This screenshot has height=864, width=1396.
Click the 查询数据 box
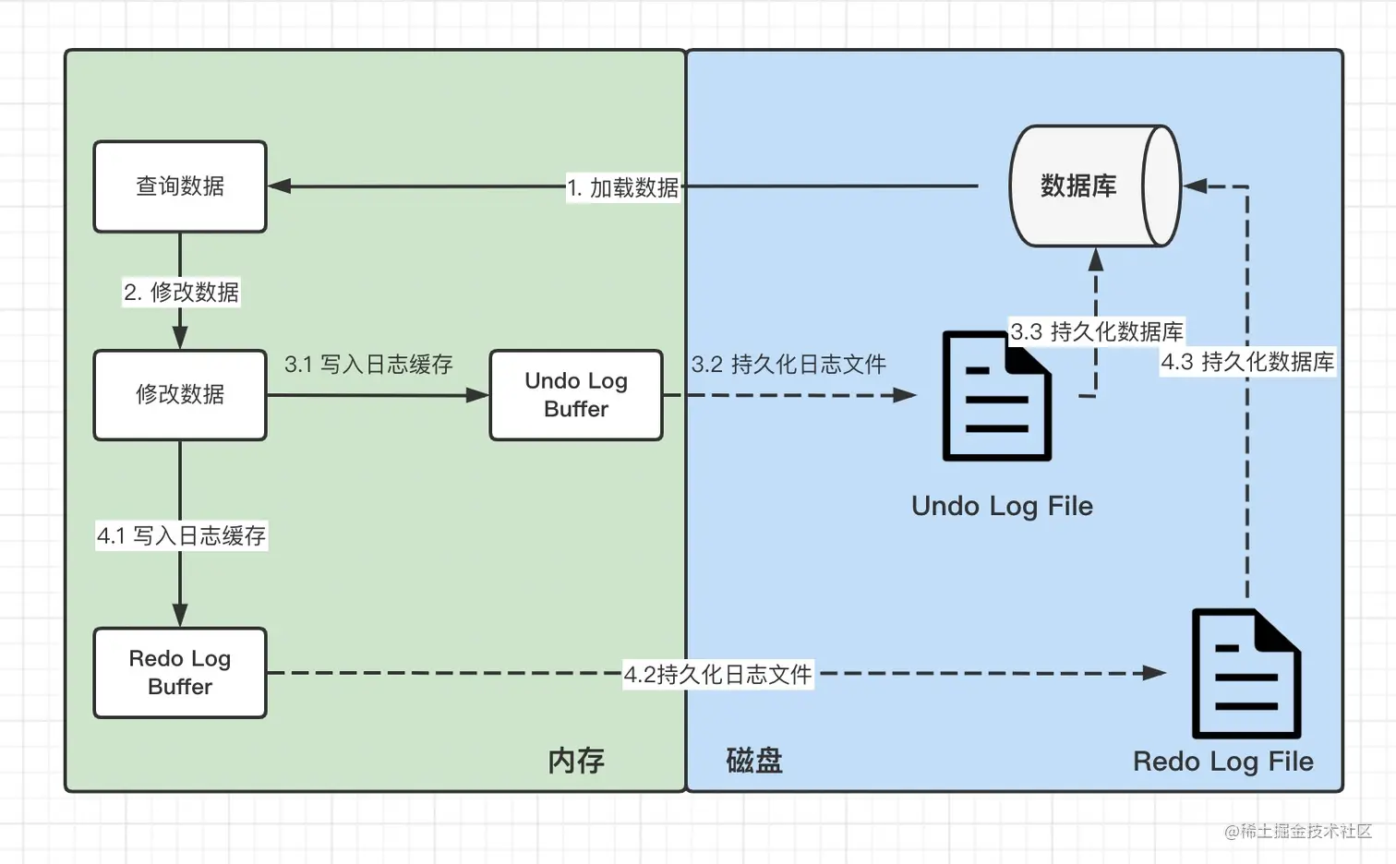click(x=180, y=186)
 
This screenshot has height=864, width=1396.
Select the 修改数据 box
click(x=180, y=395)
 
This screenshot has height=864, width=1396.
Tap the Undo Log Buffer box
click(x=576, y=395)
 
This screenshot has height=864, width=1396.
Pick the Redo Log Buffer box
click(x=180, y=673)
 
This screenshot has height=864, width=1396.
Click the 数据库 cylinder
click(x=1094, y=186)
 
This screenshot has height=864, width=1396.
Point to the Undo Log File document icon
click(x=996, y=396)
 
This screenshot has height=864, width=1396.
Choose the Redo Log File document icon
click(x=1246, y=674)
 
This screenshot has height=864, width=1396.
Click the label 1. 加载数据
click(x=623, y=187)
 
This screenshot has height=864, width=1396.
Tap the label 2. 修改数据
click(x=182, y=293)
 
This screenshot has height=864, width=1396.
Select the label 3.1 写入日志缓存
click(x=368, y=365)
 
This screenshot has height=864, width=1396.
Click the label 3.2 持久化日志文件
click(x=788, y=365)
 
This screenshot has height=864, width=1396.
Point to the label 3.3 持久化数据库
click(x=1096, y=331)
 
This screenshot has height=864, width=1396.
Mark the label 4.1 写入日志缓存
click(x=182, y=536)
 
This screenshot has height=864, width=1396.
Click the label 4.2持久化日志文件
click(x=717, y=675)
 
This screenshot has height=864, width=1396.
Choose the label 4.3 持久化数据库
click(x=1247, y=362)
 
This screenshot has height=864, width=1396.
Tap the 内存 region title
click(x=576, y=761)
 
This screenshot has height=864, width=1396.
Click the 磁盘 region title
click(x=753, y=761)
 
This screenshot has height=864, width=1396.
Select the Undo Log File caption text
click(x=1002, y=506)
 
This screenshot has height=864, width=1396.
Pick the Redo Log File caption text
click(x=1222, y=762)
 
